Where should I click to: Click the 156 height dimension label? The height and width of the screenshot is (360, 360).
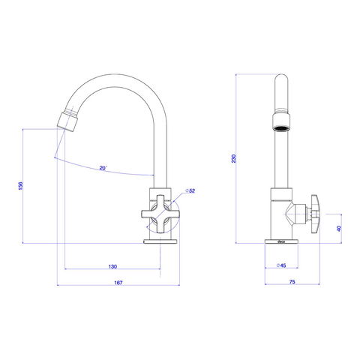pyautogui.click(x=21, y=186)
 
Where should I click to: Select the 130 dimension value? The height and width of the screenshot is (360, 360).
pyautogui.click(x=112, y=266)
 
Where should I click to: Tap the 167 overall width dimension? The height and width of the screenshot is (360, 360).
pyautogui.click(x=118, y=283)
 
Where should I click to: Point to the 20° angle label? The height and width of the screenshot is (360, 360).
pyautogui.click(x=103, y=168)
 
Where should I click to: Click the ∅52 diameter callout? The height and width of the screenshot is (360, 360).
pyautogui.click(x=190, y=190)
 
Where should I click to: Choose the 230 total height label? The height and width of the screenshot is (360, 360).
pyautogui.click(x=233, y=158)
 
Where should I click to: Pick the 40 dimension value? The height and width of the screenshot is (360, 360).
pyautogui.click(x=339, y=228)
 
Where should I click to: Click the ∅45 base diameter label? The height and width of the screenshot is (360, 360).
pyautogui.click(x=281, y=265)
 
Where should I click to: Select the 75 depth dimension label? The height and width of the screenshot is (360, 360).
pyautogui.click(x=292, y=282)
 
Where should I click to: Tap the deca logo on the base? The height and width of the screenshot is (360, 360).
pyautogui.click(x=281, y=241)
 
